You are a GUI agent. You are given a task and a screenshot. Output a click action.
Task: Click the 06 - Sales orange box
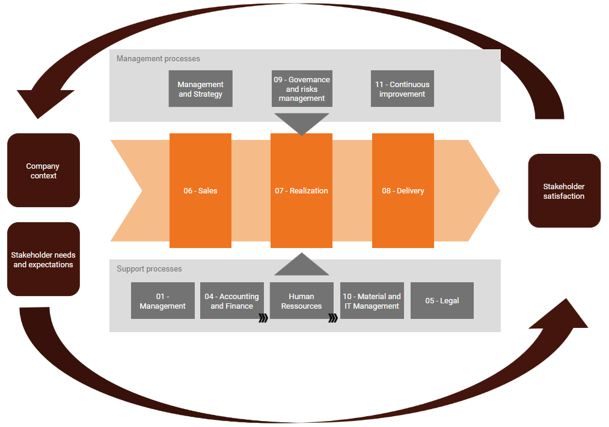point(200,190)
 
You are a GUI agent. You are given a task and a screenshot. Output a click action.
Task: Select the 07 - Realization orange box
point(301,190)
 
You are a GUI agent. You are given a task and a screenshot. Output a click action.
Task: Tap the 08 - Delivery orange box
point(403,190)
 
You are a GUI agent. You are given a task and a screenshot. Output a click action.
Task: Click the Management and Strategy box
point(200,89)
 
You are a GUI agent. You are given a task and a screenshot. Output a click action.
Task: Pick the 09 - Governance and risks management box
point(301,89)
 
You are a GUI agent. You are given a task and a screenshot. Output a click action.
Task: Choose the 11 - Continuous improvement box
point(402,89)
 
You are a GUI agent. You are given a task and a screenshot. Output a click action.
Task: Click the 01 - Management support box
point(162,301)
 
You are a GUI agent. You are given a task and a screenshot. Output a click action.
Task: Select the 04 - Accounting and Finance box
point(231,301)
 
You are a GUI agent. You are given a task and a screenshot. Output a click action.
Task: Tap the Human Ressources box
point(301,301)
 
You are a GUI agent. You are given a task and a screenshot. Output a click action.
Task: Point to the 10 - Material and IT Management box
point(372,301)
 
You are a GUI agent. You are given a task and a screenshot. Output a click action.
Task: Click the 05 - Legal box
point(442,301)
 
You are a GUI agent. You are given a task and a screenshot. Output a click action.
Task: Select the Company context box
point(43,171)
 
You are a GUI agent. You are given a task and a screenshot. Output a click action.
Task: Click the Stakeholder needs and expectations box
point(43,259)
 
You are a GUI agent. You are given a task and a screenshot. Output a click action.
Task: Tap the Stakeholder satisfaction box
point(564,191)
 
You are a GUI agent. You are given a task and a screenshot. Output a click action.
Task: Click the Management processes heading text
point(158,59)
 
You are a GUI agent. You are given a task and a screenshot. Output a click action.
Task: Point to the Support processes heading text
point(149,269)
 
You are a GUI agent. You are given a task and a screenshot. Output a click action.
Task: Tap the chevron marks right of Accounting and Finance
point(263,318)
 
